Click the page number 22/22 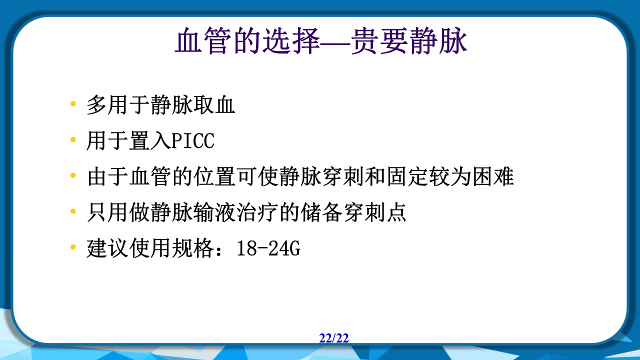334,338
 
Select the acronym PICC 193,141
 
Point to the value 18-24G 268,248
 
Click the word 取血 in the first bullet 214,106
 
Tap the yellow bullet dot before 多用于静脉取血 73,105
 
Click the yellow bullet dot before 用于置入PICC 73,140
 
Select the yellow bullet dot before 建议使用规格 73,247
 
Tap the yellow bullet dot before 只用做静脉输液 73,212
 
